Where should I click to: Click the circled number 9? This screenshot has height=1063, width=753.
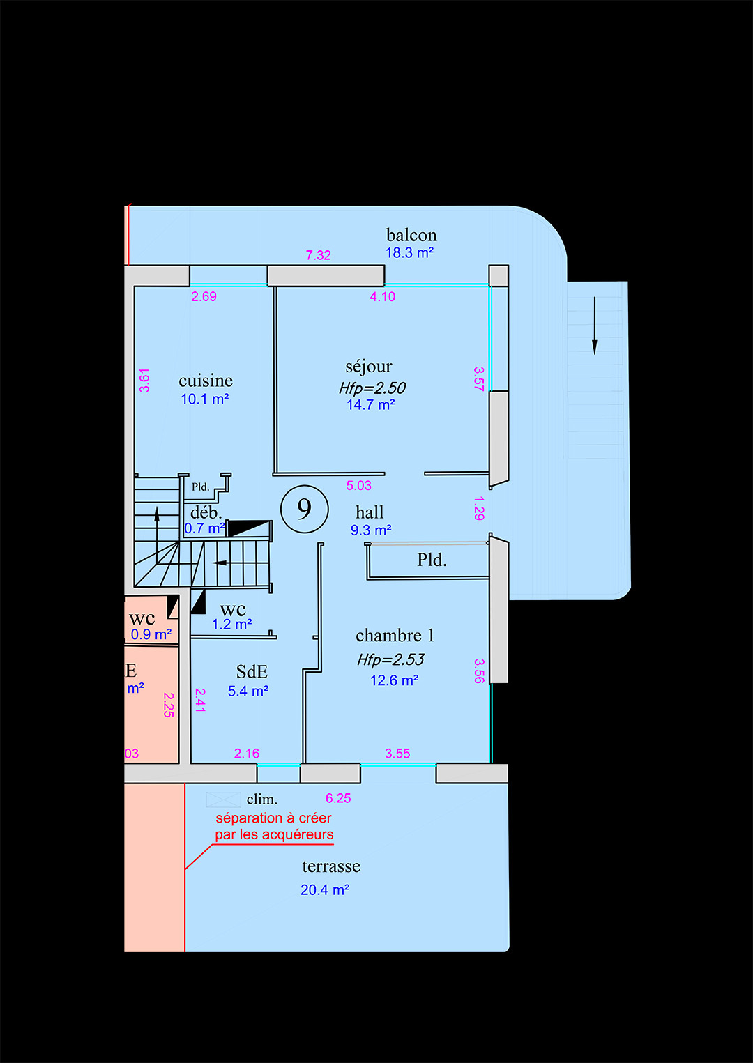304,509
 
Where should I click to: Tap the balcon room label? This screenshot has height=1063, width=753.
411,235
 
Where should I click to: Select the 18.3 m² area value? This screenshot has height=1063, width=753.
409,252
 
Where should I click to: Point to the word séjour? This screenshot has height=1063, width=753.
368,367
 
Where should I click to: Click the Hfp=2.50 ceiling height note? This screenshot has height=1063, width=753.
372,388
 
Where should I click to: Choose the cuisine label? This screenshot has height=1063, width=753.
206,381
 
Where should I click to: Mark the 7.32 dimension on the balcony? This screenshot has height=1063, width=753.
318,255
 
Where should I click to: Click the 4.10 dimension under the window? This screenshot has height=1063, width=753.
382,297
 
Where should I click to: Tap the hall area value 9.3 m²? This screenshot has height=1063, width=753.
371,530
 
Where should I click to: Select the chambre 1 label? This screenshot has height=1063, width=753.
395,636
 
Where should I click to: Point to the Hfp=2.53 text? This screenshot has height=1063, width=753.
390,659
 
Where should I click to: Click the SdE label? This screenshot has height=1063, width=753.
252,671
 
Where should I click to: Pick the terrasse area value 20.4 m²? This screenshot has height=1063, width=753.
325,890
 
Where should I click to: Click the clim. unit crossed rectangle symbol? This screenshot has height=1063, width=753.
223,800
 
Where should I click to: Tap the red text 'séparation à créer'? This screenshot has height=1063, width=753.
273,818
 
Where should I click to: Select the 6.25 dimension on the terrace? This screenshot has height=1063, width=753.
338,798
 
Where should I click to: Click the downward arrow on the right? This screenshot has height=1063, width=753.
594,326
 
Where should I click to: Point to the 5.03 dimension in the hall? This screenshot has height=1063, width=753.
358,485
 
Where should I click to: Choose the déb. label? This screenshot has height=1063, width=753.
206,512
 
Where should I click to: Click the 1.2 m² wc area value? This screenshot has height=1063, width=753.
231,625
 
